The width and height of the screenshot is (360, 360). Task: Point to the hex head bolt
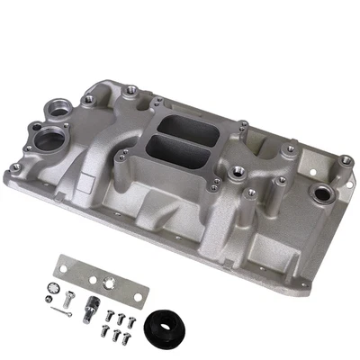[x=69, y=290]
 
